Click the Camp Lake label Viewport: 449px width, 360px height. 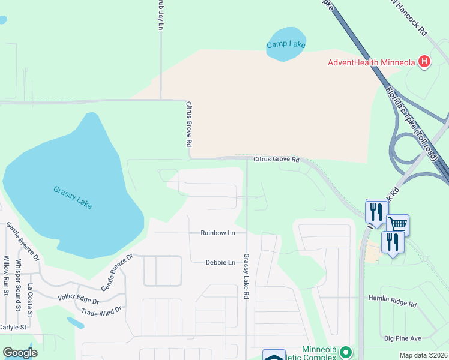286,44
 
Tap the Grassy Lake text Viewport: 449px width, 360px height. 72,197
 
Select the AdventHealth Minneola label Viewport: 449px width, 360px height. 372,62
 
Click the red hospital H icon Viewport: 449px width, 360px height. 425,61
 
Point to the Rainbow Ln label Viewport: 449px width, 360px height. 217,233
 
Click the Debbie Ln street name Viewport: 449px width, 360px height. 220,262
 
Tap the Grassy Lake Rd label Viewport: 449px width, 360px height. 246,277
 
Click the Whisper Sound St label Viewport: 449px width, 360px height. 18,280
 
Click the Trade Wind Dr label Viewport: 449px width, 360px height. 101,310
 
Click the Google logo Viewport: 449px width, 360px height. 20,353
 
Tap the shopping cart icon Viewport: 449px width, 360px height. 397,224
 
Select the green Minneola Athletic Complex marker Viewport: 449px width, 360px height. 345,352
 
